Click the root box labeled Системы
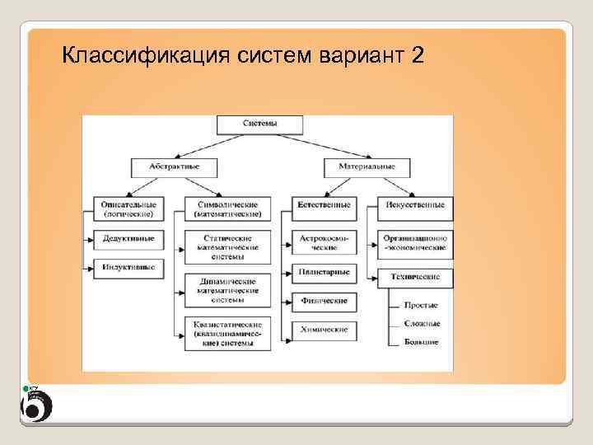click(259, 124)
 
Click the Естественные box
click(324, 204)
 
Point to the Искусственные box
click(416, 204)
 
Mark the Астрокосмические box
click(324, 242)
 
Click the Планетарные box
click(324, 272)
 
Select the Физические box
click(324, 301)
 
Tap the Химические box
click(324, 330)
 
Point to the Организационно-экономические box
click(416, 242)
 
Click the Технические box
click(416, 277)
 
